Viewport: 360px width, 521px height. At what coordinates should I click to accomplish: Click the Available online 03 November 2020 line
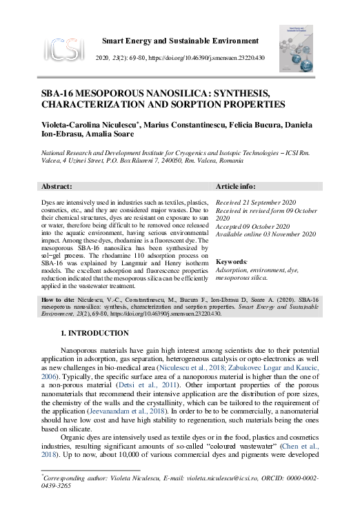(266, 234)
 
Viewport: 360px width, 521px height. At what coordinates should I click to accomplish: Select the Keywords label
(232, 263)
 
